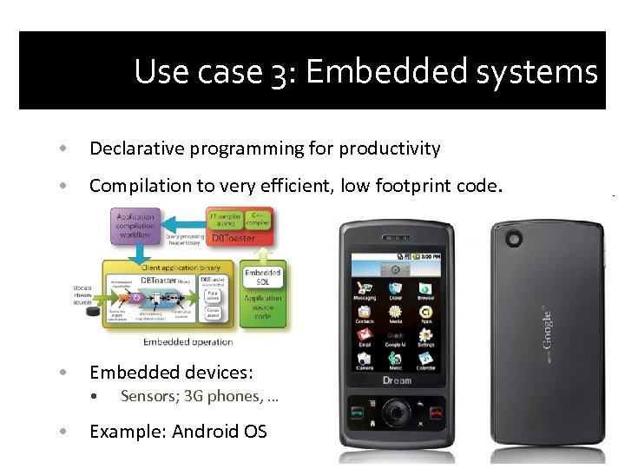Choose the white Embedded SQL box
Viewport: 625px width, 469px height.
pos(262,277)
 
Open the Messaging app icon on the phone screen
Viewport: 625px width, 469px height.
pos(365,290)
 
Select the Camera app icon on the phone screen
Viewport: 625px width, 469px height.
pos(365,360)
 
